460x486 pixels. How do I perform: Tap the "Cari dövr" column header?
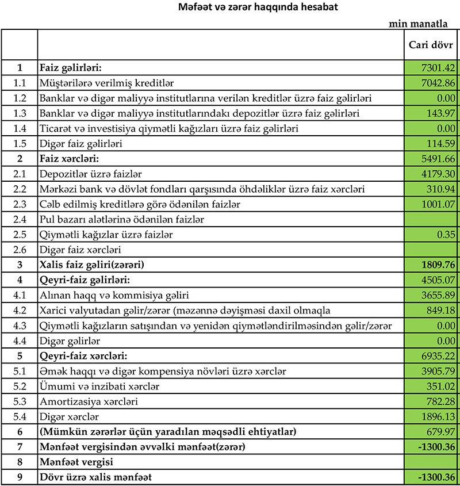pyautogui.click(x=430, y=44)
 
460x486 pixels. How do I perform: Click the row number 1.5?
pyautogui.click(x=20, y=143)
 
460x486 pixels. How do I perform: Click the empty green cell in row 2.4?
pyautogui.click(x=431, y=219)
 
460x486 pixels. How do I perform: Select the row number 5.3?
pyautogui.click(x=20, y=401)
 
